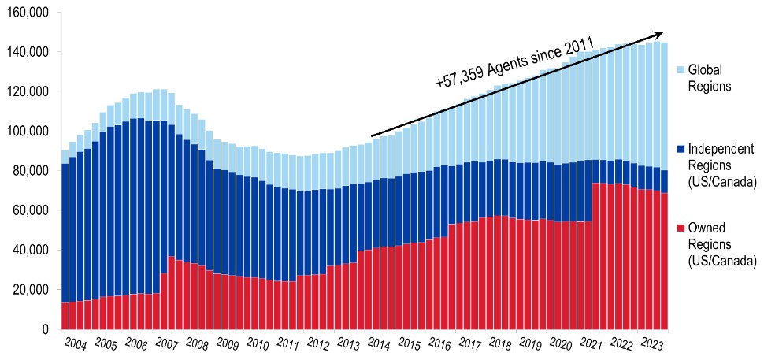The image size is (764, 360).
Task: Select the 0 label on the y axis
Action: [x=46, y=329]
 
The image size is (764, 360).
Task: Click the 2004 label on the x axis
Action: [x=76, y=344]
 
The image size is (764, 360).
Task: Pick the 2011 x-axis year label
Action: [x=287, y=344]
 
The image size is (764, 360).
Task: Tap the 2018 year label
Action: [x=499, y=344]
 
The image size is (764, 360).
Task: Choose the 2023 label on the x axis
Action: [x=651, y=344]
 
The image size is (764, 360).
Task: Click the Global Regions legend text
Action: [x=710, y=78]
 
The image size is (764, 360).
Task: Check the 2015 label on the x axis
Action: [x=408, y=344]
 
